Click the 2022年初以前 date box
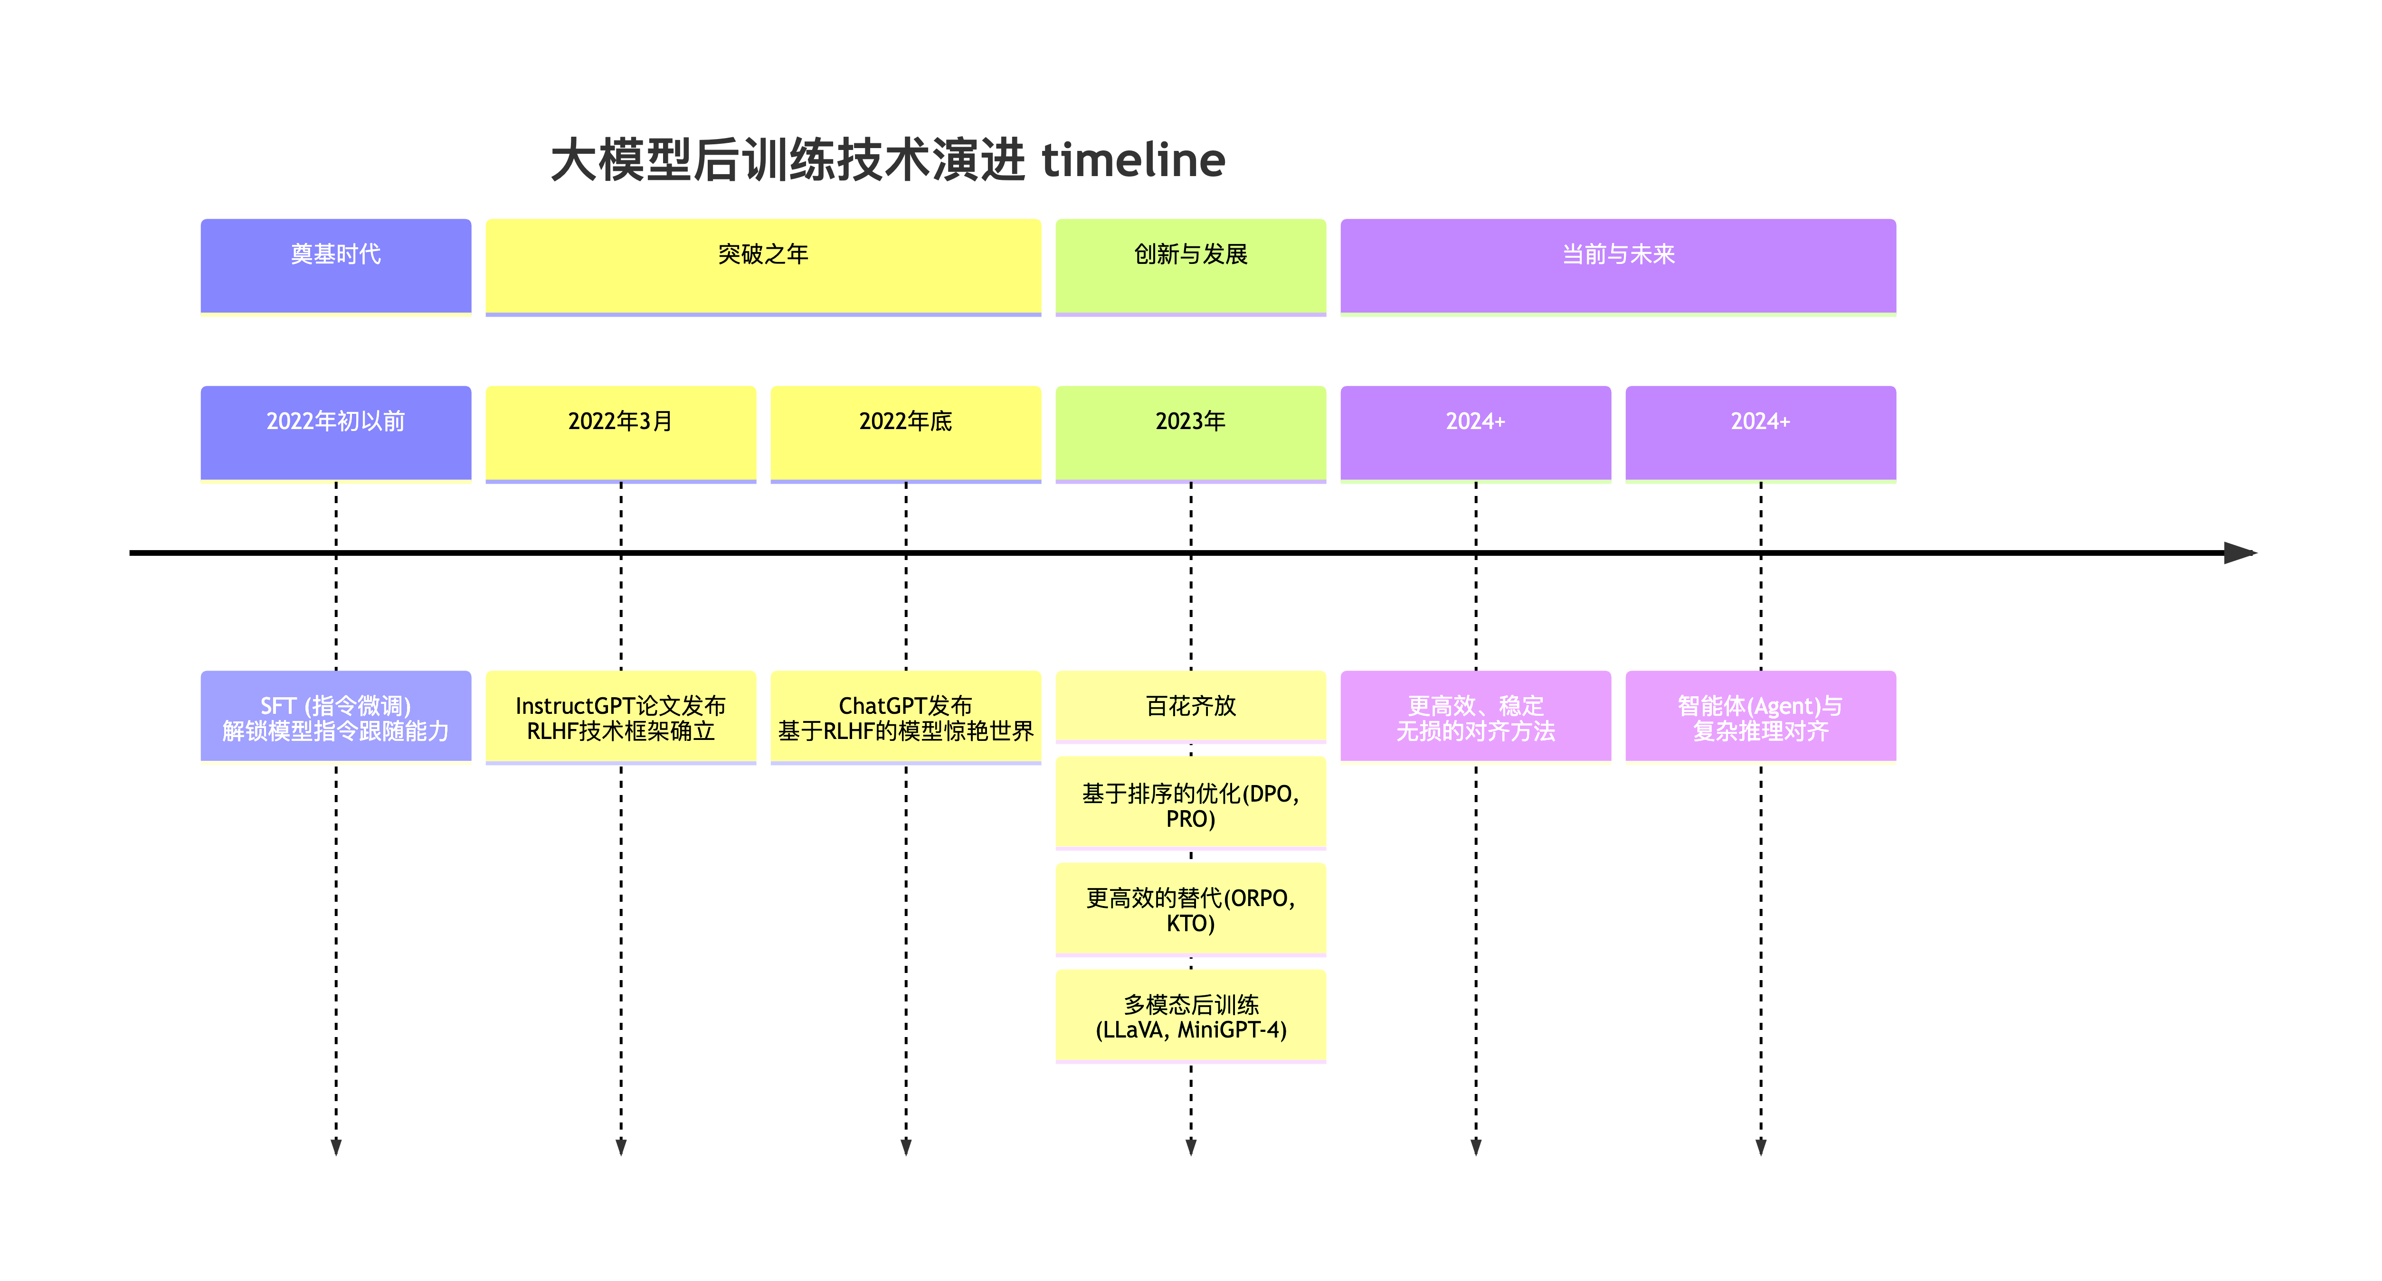point(336,432)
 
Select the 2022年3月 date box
point(620,432)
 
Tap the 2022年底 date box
point(905,432)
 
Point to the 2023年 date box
point(1190,432)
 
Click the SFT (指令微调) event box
point(336,717)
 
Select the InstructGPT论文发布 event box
point(620,717)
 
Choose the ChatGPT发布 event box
point(905,717)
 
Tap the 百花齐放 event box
point(1190,706)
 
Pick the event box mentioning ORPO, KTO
point(1190,909)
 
